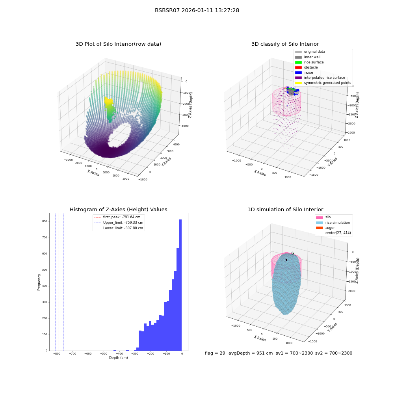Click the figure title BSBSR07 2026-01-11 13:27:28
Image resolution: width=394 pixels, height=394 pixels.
click(x=197, y=10)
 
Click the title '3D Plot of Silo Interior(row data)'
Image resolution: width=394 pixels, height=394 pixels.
click(x=118, y=44)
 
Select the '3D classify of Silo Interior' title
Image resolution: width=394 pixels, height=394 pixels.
click(x=285, y=44)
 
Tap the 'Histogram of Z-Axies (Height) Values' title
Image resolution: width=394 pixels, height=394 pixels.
click(x=118, y=209)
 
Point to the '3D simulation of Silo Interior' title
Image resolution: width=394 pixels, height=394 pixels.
click(x=285, y=209)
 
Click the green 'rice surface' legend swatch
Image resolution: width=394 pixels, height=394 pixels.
click(x=298, y=62)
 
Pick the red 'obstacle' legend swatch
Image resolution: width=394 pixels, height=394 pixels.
click(x=298, y=67)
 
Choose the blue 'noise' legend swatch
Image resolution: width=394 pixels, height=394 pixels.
click(x=298, y=72)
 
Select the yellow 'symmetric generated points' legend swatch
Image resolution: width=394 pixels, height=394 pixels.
click(x=298, y=83)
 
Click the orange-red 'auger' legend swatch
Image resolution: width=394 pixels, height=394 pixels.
click(x=320, y=228)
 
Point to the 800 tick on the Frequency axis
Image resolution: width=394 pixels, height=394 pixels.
click(x=45, y=221)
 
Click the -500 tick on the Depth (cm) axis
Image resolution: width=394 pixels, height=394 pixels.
click(x=104, y=353)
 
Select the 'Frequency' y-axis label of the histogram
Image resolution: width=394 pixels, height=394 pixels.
click(x=39, y=282)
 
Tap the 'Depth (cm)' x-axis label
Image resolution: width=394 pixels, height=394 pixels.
click(x=118, y=358)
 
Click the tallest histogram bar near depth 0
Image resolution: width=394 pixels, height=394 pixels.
click(x=180, y=285)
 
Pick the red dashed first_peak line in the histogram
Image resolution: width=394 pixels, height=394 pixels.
click(x=58, y=282)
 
